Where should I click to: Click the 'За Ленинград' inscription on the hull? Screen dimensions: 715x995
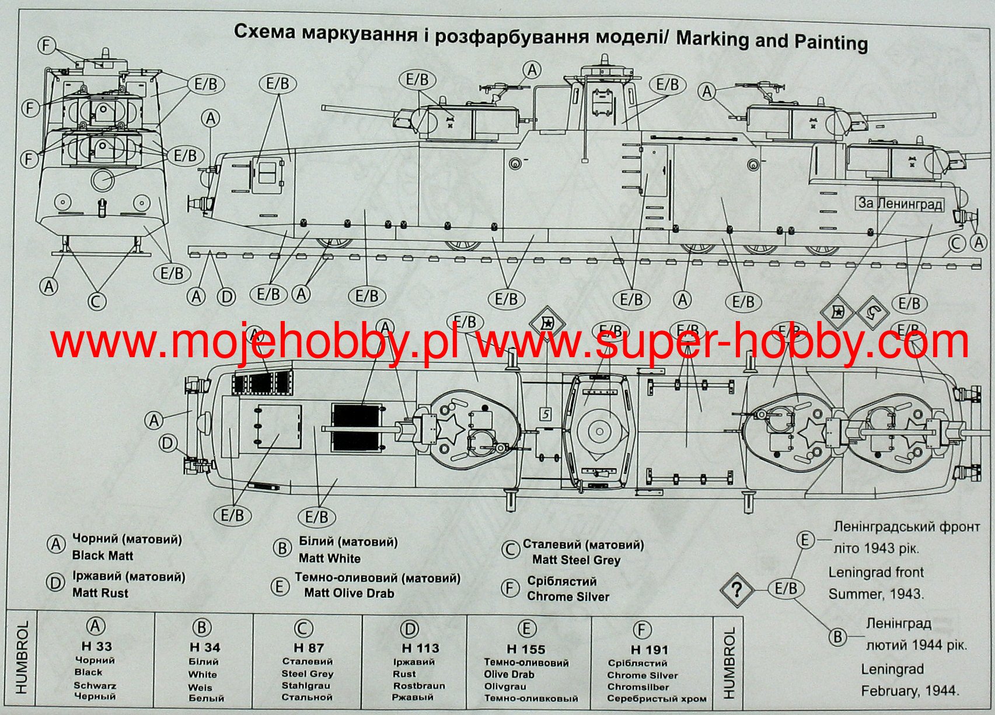(x=899, y=203)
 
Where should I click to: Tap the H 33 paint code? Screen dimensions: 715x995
(x=97, y=646)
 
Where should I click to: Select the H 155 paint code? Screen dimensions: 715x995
(x=526, y=648)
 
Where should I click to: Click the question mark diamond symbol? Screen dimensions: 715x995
(x=736, y=590)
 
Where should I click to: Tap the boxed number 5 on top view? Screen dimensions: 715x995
(x=546, y=414)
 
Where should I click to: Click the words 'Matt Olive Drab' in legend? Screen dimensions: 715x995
(x=349, y=593)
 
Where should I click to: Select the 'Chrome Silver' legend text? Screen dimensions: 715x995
(x=568, y=597)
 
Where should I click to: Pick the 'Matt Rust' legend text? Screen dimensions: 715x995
(x=100, y=593)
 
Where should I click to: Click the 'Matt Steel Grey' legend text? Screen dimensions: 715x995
(x=576, y=560)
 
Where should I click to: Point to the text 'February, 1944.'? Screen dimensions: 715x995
(x=910, y=691)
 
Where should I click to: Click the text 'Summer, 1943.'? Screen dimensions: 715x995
(x=876, y=594)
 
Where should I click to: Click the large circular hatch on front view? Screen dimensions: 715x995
(x=102, y=179)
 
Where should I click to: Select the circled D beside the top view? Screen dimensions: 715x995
(x=168, y=444)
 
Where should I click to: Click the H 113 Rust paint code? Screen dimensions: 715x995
(x=420, y=648)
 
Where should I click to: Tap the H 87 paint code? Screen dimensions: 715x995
(x=309, y=648)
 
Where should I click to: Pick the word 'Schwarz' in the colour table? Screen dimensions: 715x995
(x=95, y=685)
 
